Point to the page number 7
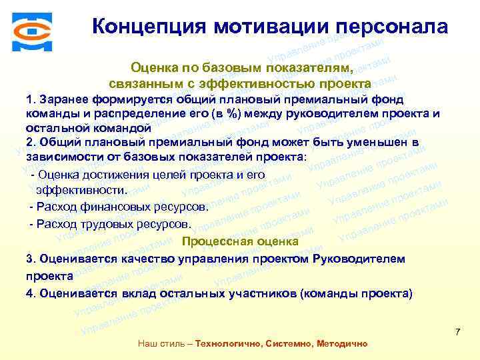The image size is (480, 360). point(457,331)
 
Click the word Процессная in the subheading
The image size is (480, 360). point(215,241)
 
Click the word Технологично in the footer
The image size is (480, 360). point(228,343)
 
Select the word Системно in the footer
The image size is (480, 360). point(288,343)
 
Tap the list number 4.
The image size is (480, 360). point(29,293)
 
